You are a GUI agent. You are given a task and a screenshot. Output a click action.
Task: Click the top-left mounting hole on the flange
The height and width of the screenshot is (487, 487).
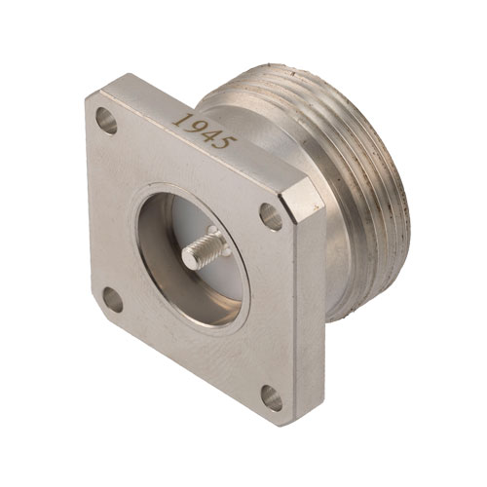coord(106,122)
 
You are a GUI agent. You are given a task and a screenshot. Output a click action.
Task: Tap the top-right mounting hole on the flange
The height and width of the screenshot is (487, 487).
coord(270,215)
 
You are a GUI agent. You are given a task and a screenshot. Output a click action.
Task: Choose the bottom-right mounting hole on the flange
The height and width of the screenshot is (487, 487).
coord(272,397)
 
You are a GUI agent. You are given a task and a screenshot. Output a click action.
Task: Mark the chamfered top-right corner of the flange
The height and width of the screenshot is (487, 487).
coord(304,200)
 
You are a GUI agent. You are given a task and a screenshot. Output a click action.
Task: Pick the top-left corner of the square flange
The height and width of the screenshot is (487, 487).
coord(90,95)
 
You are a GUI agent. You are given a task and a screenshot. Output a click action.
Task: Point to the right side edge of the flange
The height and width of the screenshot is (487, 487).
coord(310,312)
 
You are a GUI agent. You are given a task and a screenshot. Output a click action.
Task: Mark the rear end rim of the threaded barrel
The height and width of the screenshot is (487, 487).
coord(390,175)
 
